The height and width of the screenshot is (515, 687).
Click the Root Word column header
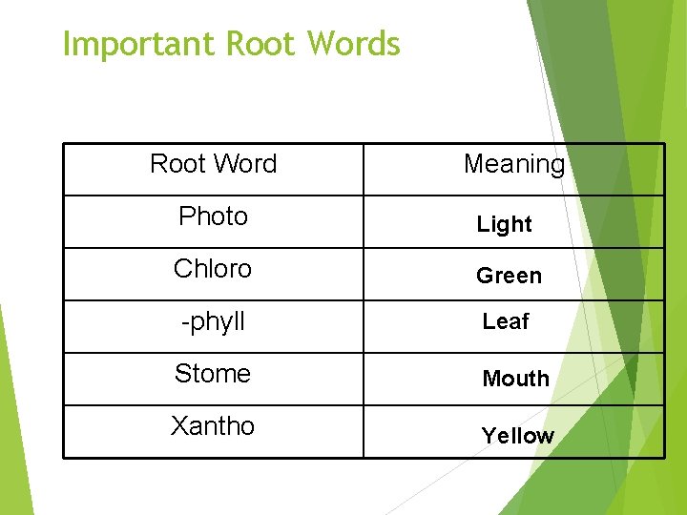click(x=214, y=164)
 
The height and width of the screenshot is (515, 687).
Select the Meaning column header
click(x=513, y=164)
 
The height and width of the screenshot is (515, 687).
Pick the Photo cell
click(x=214, y=216)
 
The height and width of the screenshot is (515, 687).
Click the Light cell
click(x=504, y=224)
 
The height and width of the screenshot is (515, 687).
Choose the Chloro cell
click(x=213, y=269)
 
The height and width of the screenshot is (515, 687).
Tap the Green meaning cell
click(x=509, y=276)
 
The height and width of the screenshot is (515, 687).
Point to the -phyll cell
click(x=214, y=322)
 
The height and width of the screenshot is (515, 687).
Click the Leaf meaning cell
click(x=506, y=322)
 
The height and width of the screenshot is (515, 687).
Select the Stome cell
click(x=213, y=374)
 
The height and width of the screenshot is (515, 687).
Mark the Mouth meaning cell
click(x=515, y=379)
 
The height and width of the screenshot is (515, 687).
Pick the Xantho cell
click(x=213, y=426)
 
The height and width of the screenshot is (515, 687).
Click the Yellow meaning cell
click(x=517, y=436)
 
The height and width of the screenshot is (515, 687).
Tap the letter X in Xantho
click(x=178, y=426)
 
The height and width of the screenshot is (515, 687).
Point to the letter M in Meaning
click(x=473, y=164)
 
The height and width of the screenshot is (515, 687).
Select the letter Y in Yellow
click(x=489, y=436)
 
